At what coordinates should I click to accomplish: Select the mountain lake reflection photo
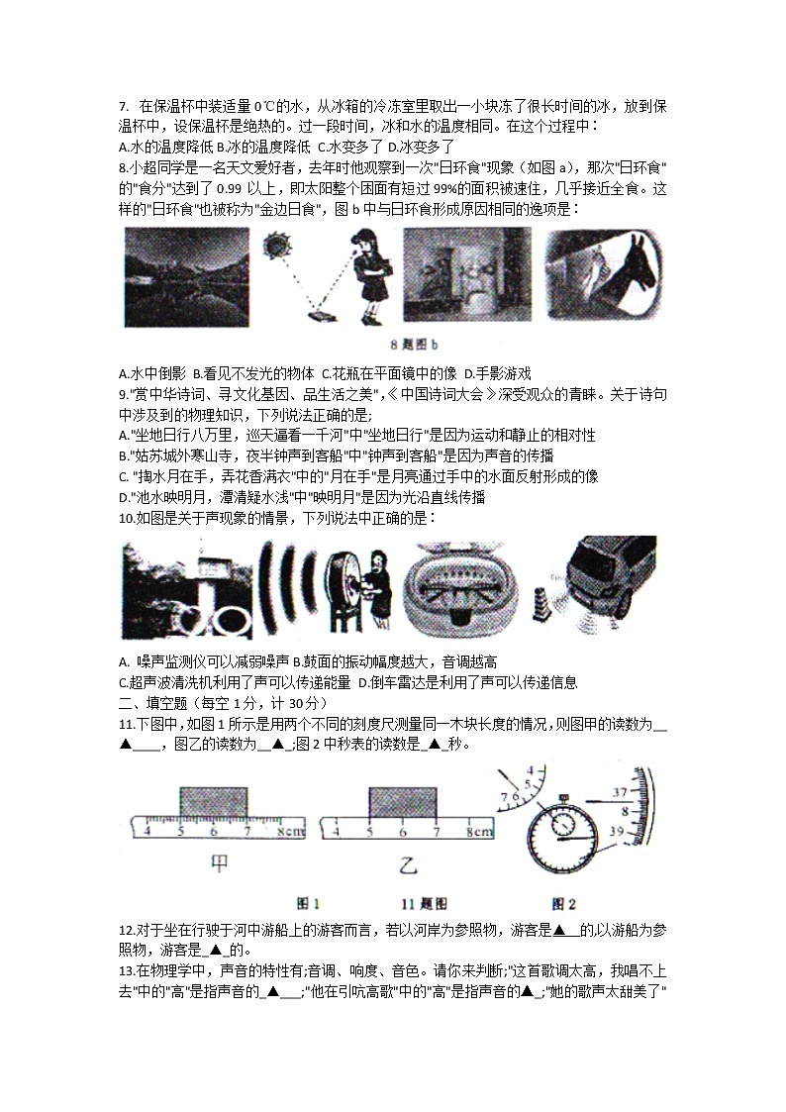pos(185,277)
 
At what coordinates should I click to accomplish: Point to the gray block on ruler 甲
pos(213,804)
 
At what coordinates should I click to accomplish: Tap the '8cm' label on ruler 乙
pos(478,832)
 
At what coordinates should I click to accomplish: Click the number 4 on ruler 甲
pos(148,832)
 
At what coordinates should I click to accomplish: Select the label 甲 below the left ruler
pos(219,862)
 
